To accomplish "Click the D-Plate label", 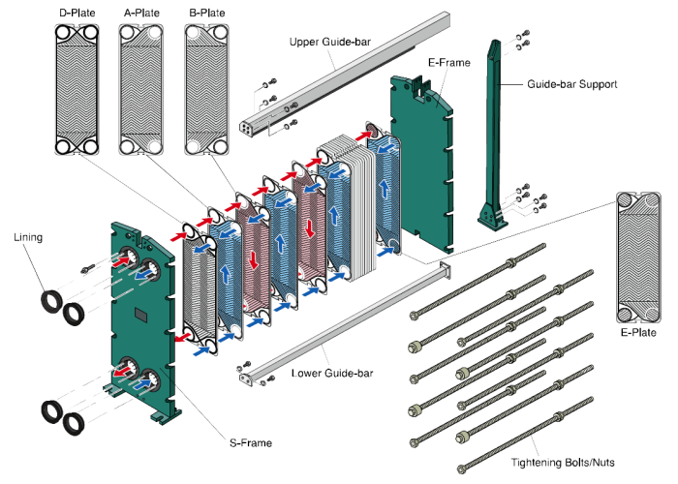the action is (x=77, y=13).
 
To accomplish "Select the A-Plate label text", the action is (x=141, y=13).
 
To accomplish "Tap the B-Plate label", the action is (x=206, y=13).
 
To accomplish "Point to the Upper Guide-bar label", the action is (x=330, y=42).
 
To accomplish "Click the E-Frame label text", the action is (x=448, y=63).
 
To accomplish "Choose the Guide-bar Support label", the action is (x=571, y=84).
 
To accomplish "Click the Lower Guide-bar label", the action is (x=332, y=373).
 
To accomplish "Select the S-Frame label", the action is (x=250, y=443).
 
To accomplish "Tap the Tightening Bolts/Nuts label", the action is (x=563, y=463).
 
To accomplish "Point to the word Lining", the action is (x=28, y=237).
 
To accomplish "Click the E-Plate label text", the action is (x=638, y=332).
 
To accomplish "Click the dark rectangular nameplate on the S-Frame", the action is (x=141, y=315).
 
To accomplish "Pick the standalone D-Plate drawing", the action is (x=77, y=89).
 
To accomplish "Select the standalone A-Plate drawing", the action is (x=141, y=89).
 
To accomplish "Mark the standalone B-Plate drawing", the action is (x=206, y=89).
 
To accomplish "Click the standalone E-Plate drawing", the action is (x=638, y=257).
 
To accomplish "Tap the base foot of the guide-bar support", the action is (x=492, y=218).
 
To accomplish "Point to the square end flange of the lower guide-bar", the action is (x=445, y=271).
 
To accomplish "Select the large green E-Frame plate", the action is (x=422, y=164).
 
